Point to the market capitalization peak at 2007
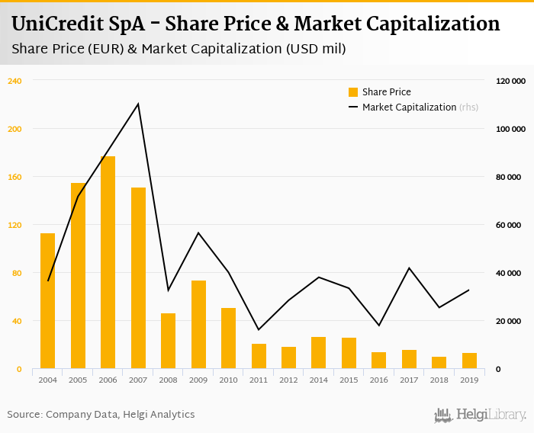138,104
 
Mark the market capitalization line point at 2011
259,329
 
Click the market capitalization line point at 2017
410,268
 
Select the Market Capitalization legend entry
408,107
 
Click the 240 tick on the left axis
15,81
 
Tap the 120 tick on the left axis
15,225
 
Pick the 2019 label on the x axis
470,379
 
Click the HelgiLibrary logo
481,415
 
